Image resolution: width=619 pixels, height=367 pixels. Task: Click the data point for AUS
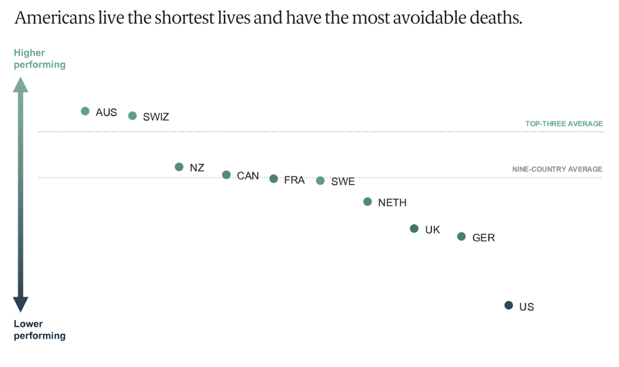coord(85,111)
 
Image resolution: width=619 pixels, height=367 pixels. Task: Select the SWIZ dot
coord(133,115)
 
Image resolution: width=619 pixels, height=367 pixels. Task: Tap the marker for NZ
coord(179,167)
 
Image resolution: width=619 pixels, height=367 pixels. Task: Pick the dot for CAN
coord(226,175)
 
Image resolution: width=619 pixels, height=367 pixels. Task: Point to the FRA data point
coord(273,179)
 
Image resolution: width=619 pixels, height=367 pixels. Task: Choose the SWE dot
coord(320,181)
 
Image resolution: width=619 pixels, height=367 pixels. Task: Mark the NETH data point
coord(367,202)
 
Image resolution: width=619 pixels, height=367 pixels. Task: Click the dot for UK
coord(414,229)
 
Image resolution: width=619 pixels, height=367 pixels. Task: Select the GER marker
coord(462,236)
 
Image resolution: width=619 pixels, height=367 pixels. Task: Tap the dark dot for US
coord(509,305)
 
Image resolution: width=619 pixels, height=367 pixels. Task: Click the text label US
coord(526,307)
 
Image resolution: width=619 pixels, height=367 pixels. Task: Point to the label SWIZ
coord(156,117)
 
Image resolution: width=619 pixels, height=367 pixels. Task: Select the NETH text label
coord(392,203)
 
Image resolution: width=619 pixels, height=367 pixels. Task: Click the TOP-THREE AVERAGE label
coord(564,124)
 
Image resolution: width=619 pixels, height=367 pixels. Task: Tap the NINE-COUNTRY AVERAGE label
coord(557,169)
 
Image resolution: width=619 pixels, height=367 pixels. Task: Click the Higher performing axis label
coord(39,59)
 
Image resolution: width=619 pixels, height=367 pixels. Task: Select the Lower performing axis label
coord(39,330)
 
